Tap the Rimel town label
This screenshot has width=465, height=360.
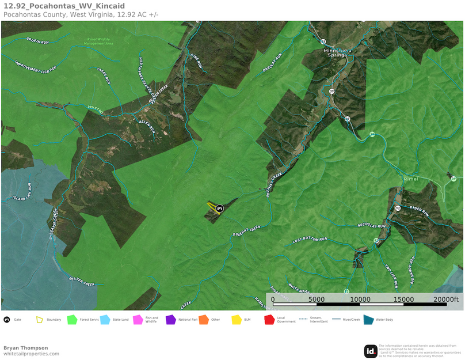[x=411, y=179]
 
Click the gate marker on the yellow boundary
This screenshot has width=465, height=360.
[x=219, y=208]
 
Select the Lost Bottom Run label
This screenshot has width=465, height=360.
[x=310, y=240]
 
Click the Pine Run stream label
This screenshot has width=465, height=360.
[x=197, y=62]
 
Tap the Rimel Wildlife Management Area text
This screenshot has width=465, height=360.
[x=98, y=41]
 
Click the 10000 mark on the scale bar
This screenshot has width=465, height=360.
[x=360, y=300]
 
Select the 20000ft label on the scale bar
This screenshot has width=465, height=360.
[x=445, y=300]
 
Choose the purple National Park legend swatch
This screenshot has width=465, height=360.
[x=170, y=320]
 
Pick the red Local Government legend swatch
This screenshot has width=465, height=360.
[x=269, y=320]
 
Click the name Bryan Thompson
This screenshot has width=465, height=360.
[x=26, y=348]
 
